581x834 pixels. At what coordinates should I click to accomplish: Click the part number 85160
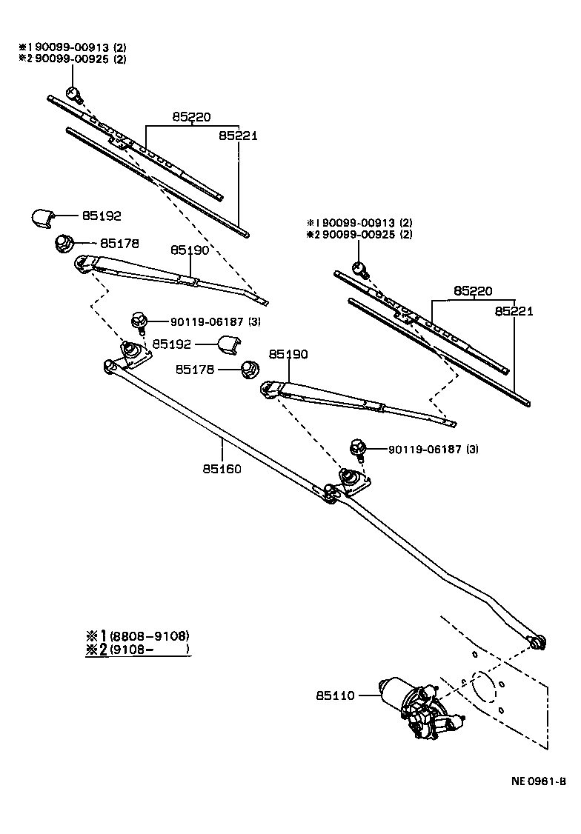(x=222, y=469)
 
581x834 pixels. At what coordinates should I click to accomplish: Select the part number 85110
(x=336, y=695)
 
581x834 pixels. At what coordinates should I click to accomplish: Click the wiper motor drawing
(x=419, y=707)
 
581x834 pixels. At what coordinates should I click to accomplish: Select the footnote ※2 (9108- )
(x=138, y=650)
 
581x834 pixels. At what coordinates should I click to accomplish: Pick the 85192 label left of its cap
(x=173, y=344)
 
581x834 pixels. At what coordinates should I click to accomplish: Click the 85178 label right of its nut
(x=120, y=243)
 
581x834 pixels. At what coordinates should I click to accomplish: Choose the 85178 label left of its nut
(x=196, y=368)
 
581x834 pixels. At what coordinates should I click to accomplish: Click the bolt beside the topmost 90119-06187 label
(x=138, y=321)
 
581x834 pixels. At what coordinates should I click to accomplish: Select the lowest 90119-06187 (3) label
(x=418, y=449)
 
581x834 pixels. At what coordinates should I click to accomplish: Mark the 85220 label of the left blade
(x=192, y=117)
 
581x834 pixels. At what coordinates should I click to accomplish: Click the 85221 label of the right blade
(x=514, y=312)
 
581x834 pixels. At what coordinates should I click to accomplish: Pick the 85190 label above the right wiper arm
(x=288, y=355)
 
